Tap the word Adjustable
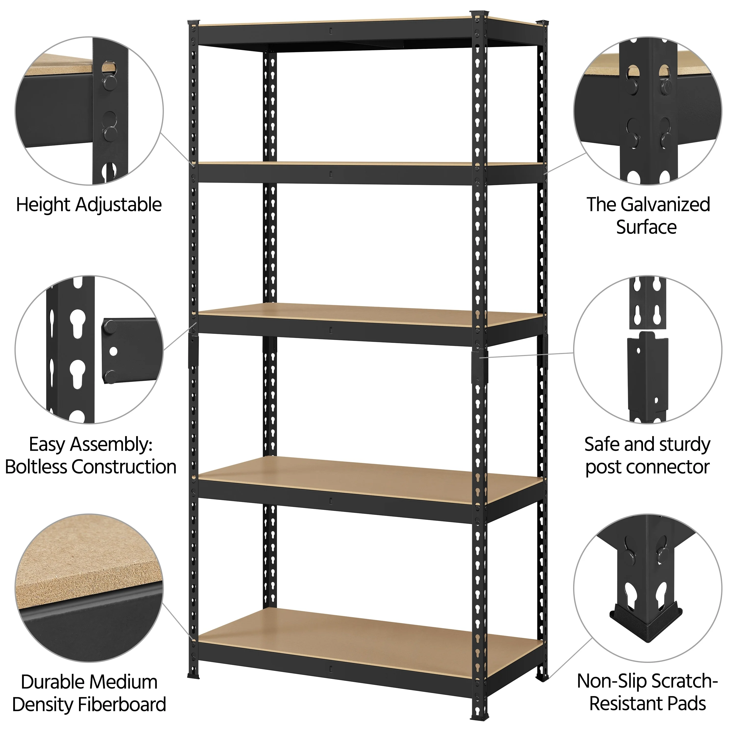coord(118,205)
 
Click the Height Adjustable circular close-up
coord(89,111)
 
